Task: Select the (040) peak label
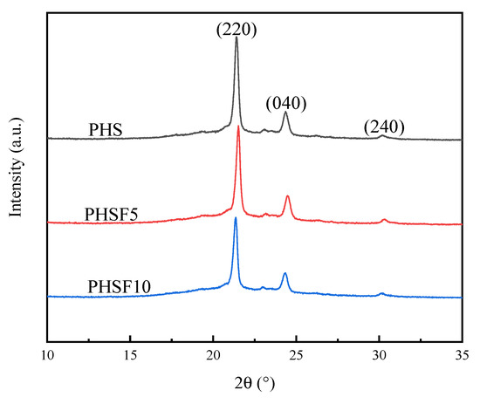(x=286, y=104)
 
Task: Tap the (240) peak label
(x=384, y=127)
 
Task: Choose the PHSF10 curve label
(x=118, y=285)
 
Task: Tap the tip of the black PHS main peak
(x=237, y=38)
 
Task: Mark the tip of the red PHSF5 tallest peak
(x=238, y=127)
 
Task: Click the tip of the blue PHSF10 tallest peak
(x=236, y=217)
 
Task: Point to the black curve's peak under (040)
(x=285, y=113)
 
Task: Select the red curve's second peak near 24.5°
(x=288, y=196)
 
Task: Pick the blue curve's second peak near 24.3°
(x=285, y=273)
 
